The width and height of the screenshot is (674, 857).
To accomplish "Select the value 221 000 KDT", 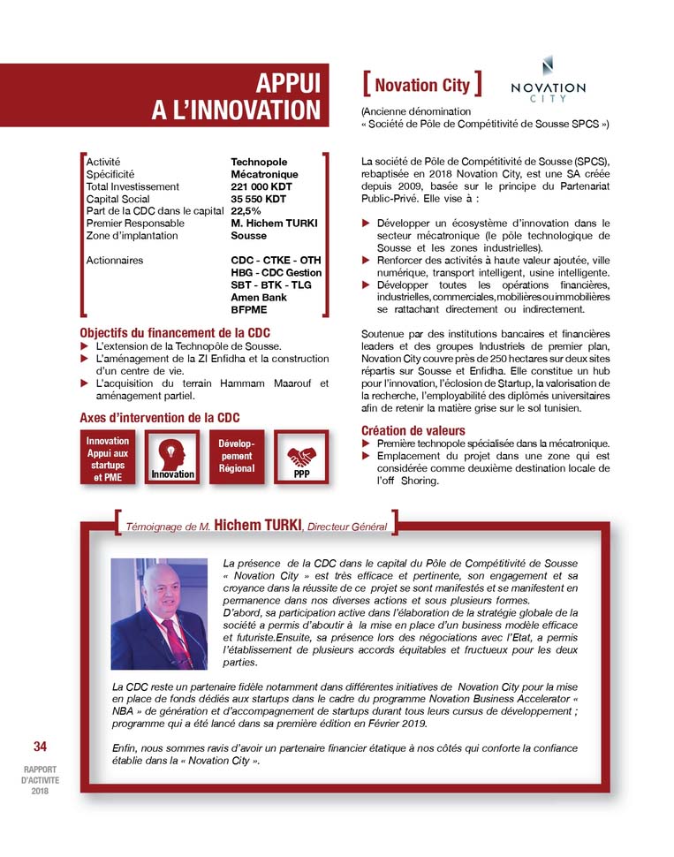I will pos(261,187).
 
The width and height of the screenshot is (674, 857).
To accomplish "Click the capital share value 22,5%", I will pos(247,211).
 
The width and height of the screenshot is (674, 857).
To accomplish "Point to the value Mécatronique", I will pos(265,175).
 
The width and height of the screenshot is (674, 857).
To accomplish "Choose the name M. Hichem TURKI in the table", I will pos(274,224).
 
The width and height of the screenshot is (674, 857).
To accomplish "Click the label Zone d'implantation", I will pos(132,236).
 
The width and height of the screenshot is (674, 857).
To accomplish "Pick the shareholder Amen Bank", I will pos(259,298).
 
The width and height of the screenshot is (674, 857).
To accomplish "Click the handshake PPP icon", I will pos(302,456).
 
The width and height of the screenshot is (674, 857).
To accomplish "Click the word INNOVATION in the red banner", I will pos(236,110).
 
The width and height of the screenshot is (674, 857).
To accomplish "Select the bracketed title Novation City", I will pos(422,85).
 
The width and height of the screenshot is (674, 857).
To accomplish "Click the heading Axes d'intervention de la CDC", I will pos(159,417).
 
